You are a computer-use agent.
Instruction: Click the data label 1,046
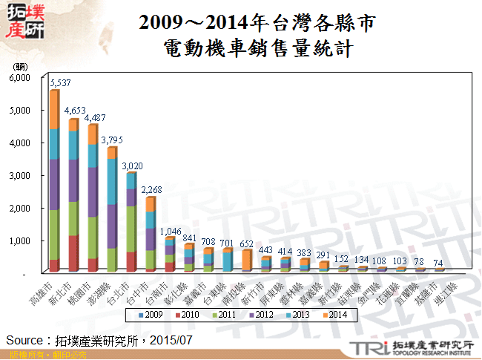point(171,230)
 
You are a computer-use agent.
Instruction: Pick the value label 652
point(246,243)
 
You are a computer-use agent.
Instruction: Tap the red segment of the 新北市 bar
point(73,253)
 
